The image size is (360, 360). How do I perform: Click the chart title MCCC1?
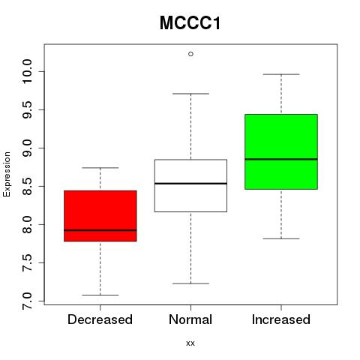(x=190, y=23)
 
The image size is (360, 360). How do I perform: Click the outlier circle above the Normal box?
(x=190, y=54)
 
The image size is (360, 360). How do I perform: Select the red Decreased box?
(x=100, y=216)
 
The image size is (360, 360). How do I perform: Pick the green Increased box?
(x=281, y=151)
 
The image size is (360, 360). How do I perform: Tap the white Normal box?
(x=190, y=185)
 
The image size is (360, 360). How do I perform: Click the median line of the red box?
(x=100, y=230)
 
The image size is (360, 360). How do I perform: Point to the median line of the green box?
(x=281, y=159)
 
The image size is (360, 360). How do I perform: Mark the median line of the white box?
(x=190, y=184)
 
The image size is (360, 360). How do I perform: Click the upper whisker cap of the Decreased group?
(x=100, y=168)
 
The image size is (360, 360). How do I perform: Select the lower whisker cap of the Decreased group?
(x=100, y=295)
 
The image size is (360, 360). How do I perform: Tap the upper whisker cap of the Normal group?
(x=190, y=94)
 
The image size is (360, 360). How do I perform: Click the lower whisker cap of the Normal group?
(x=190, y=283)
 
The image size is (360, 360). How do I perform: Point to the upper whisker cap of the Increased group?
(x=281, y=74)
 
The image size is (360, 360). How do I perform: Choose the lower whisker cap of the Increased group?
(x=281, y=238)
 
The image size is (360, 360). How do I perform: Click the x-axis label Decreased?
(x=100, y=319)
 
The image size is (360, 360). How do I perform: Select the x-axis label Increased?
(x=281, y=319)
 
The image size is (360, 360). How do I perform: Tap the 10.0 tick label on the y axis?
(x=27, y=71)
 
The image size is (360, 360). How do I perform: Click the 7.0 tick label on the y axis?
(x=27, y=301)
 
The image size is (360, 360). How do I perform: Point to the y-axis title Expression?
(x=7, y=174)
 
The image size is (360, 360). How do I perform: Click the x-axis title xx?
(x=190, y=343)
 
